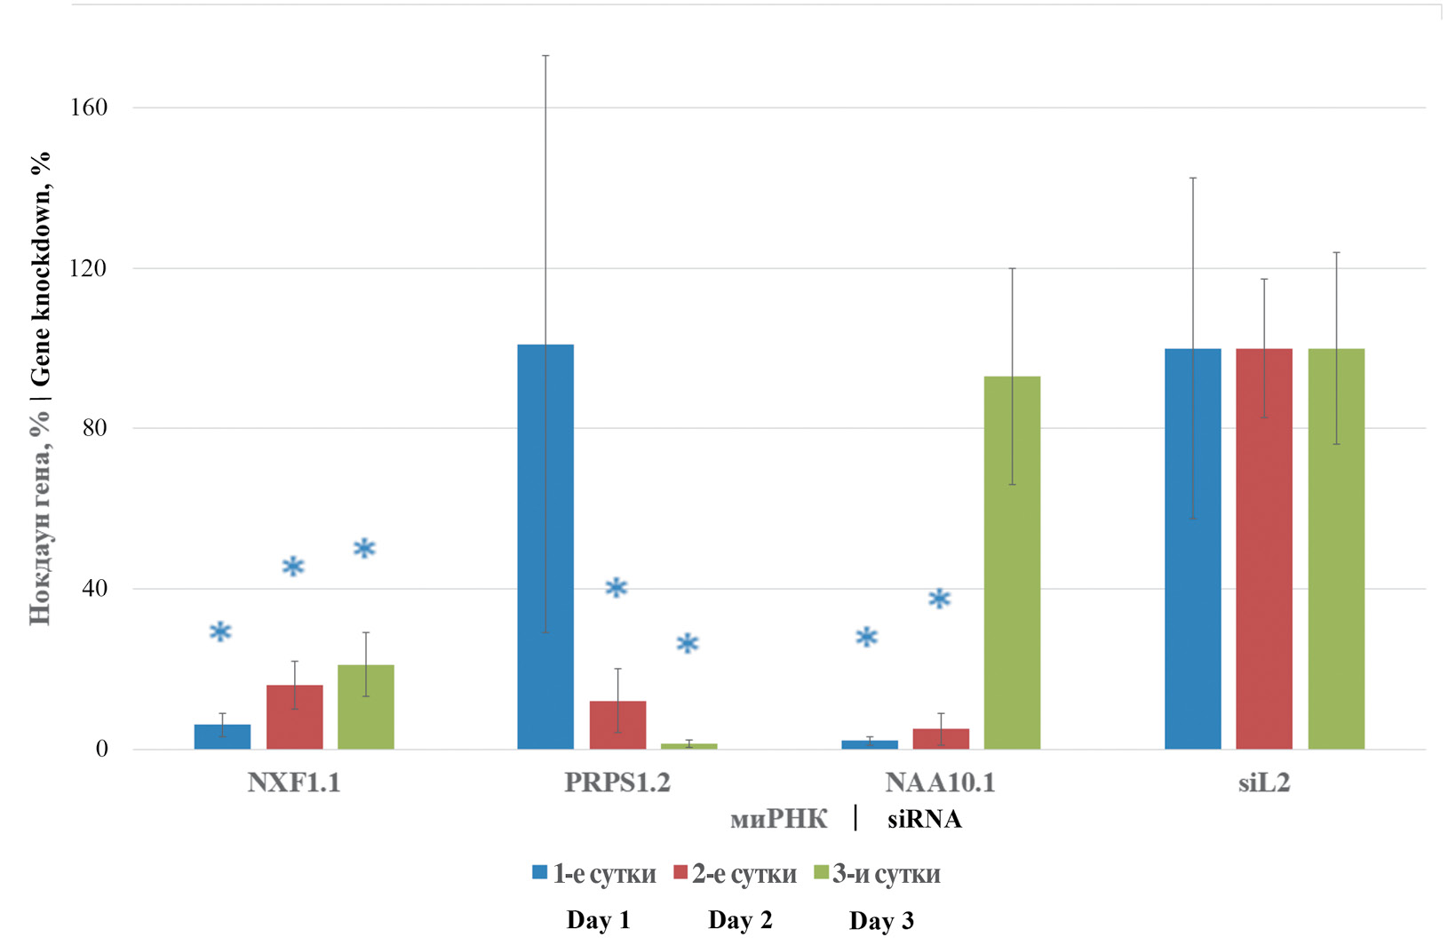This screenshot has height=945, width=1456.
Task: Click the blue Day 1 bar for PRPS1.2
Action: coord(545,546)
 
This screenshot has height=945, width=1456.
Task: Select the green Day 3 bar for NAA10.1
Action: coord(1012,562)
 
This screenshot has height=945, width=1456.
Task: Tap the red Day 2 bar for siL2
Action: coord(1263,549)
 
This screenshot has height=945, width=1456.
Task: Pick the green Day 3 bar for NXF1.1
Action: coord(365,707)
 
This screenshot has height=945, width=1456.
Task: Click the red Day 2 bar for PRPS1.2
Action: coord(617,725)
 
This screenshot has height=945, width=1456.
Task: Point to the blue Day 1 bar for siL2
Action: coord(1192,549)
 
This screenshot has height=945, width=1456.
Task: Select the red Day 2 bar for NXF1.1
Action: coord(294,717)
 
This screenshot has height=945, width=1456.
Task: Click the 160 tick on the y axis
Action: coord(88,107)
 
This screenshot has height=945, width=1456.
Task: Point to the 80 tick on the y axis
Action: coord(94,428)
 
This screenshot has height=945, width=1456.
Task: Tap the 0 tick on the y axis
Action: coord(101,749)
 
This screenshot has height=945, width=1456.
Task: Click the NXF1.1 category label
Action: coord(294,783)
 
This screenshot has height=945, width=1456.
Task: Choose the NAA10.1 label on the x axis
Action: coord(940,783)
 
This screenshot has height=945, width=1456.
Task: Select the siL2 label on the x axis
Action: coord(1263,783)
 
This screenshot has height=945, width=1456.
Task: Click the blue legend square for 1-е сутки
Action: coord(539,872)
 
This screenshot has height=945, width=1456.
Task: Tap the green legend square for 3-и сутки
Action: coord(820,872)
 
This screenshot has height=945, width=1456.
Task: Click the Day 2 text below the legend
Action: coord(740,920)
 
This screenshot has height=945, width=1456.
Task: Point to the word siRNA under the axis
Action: coord(924,819)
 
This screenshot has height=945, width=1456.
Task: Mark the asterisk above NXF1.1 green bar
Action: coord(364,549)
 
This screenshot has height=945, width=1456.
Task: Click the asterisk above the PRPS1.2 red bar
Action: coord(616,587)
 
